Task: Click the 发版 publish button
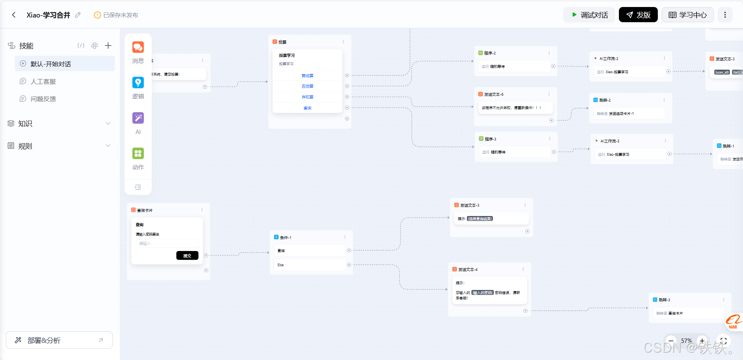point(638,15)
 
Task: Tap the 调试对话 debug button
point(589,15)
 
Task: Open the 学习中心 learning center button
point(687,15)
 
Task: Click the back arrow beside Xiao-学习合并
point(14,15)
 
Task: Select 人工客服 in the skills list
point(43,82)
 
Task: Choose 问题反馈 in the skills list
point(43,99)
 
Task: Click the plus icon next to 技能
point(108,46)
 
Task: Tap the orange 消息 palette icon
point(138,47)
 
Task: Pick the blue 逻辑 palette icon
point(138,83)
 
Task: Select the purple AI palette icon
point(138,118)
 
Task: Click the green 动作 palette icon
point(138,153)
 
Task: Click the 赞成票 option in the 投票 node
point(307,76)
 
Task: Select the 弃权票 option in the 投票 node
point(307,97)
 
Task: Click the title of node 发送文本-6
point(494,94)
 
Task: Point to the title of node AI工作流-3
point(610,141)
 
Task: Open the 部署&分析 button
point(59,340)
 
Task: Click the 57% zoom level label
point(686,341)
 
